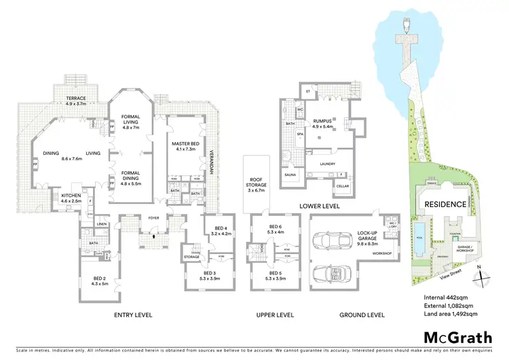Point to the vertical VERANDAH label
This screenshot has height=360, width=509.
(211, 162)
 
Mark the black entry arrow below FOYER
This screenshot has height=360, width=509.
(154, 238)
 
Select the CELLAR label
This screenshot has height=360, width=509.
(342, 185)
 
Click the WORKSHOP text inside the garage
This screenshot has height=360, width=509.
(364, 253)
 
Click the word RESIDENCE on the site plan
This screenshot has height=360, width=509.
(445, 204)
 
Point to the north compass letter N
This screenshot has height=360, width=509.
(480, 268)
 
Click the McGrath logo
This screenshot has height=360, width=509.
(455, 337)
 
